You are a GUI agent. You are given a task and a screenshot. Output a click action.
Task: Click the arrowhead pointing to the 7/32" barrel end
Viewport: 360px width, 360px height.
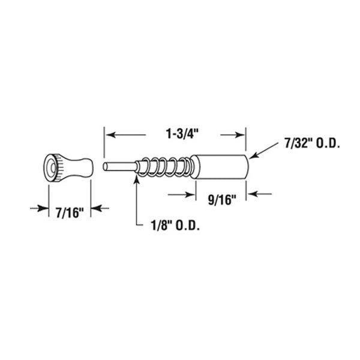pos(253,157)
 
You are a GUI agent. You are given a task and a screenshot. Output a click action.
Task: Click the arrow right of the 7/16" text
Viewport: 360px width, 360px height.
pos(95,208)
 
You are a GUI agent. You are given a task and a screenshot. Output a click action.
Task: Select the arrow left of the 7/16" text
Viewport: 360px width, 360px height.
pos(42,208)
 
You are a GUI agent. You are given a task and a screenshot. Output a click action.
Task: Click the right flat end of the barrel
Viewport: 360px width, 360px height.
pos(245,165)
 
